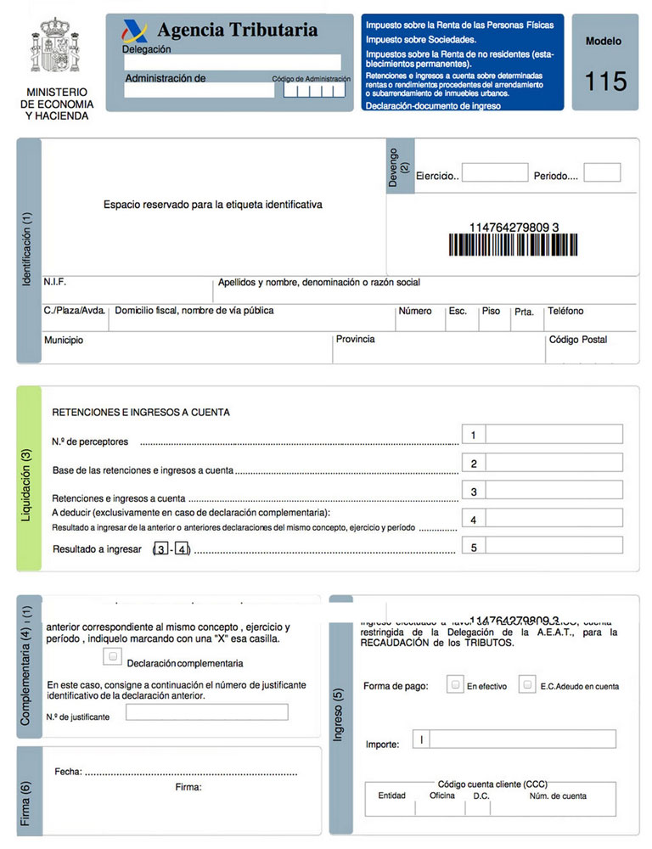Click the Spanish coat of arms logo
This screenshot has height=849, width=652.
[x=57, y=48]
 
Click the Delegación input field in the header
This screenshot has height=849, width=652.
[x=232, y=62]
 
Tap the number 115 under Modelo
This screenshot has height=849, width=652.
[x=605, y=82]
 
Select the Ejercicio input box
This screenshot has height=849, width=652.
[x=495, y=173]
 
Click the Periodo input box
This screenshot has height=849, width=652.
[x=602, y=173]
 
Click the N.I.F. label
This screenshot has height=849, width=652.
[x=55, y=282]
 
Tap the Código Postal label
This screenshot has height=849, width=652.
[x=578, y=340]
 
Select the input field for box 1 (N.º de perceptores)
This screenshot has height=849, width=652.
[x=554, y=435]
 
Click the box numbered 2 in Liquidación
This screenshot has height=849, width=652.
[x=474, y=464]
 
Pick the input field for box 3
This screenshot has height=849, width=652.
[x=554, y=491]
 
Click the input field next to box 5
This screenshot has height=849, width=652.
[x=554, y=547]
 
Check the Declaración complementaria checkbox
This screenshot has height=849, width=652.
[x=111, y=656]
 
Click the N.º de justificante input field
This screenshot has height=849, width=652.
[x=206, y=712]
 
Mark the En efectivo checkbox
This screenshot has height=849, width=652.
[x=456, y=684]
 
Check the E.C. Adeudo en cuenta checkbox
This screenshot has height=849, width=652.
[x=528, y=684]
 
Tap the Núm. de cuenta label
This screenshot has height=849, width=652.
[x=558, y=796]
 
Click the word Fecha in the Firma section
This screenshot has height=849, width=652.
[x=67, y=772]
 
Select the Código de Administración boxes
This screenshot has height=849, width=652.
[x=314, y=89]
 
